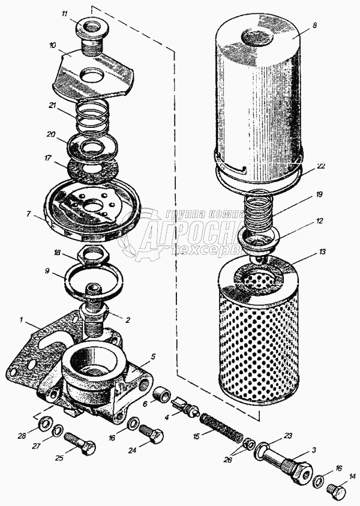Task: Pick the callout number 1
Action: click(x=22, y=321)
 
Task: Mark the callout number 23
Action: click(x=288, y=436)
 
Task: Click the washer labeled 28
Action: click(x=44, y=425)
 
